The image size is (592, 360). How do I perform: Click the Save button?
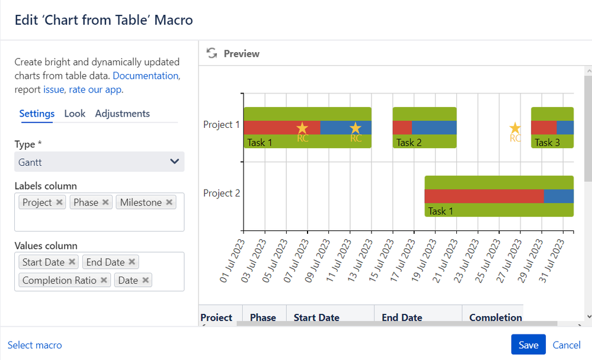coord(528,345)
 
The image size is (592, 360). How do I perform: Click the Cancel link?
coord(567,345)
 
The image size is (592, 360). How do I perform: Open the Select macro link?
coord(34,345)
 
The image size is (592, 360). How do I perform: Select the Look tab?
coord(75,114)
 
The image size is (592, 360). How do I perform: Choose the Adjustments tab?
coord(122,114)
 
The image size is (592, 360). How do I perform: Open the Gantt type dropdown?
coord(99,162)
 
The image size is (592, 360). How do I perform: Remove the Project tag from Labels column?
coord(59,202)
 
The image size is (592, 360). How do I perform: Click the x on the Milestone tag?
coord(169,202)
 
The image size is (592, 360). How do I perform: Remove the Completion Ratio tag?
coord(104,280)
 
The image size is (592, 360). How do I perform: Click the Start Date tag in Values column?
coord(43,262)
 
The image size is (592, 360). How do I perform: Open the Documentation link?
coord(145,76)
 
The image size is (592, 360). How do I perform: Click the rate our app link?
coord(95,90)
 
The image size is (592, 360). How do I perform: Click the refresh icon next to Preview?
coord(212,53)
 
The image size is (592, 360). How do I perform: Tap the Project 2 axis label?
coord(221,193)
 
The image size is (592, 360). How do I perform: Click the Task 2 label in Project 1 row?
coord(409,142)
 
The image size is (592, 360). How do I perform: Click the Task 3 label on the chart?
coord(547,142)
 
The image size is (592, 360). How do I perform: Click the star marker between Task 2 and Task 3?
coord(515,128)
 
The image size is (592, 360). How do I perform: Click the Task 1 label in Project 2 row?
coord(440,211)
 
